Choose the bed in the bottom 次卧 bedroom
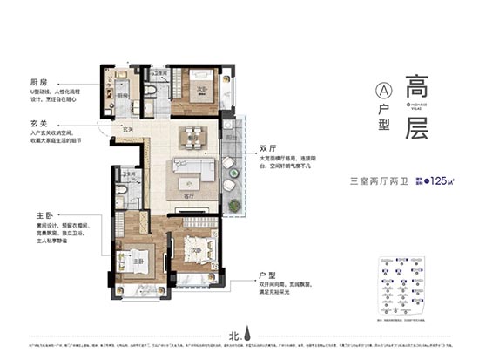pos(197,253)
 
